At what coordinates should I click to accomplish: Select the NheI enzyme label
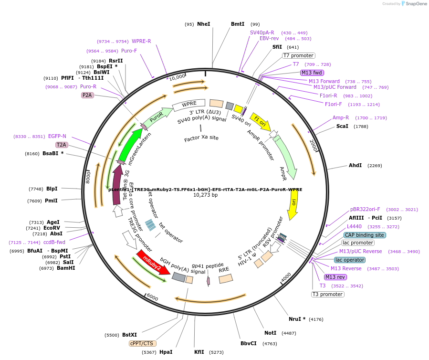pos(203,24)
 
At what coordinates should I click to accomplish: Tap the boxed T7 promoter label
pos(298,55)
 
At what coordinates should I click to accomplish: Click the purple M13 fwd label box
pos(312,73)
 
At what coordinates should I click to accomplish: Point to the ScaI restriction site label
pos(342,126)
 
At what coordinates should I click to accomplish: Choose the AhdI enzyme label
pos(355,165)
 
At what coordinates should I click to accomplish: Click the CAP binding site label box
pos(365,235)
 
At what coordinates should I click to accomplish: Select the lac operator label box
pos(349,260)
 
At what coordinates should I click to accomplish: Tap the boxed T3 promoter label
pos(327,294)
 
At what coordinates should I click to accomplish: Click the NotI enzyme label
pos(270,333)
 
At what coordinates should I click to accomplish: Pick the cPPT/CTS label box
pos(143,343)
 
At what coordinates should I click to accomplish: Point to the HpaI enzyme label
pos(166,352)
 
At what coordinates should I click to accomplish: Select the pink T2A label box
pos(62,145)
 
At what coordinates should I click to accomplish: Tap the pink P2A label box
pos(87,95)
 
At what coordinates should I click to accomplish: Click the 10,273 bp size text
pos(205,195)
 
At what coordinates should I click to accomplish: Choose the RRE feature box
pos(225,277)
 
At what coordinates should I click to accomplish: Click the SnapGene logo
pos(413,4)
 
